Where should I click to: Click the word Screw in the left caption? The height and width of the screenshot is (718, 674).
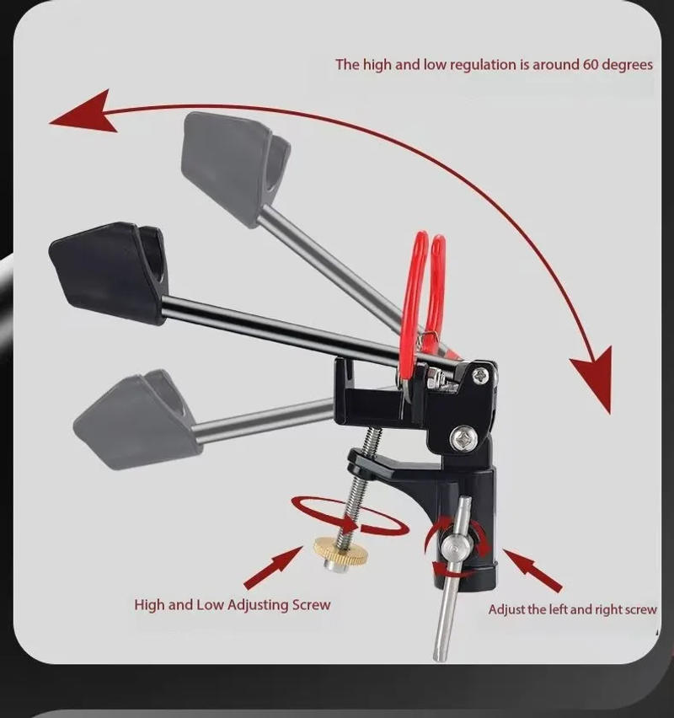coord(311,604)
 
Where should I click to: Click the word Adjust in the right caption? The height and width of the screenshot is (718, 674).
coord(506,609)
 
